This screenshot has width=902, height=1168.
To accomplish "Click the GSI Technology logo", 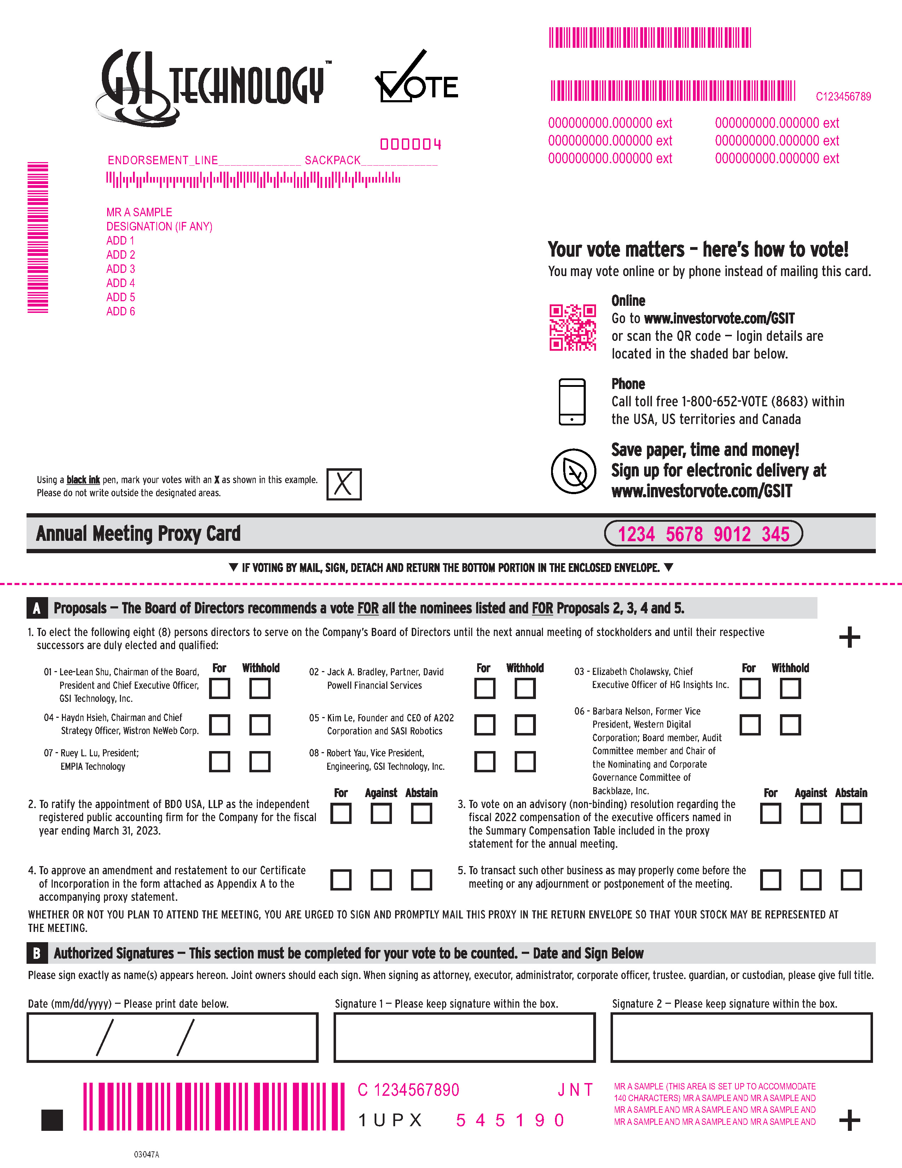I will click(214, 86).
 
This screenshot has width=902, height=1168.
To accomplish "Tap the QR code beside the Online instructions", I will click(573, 327).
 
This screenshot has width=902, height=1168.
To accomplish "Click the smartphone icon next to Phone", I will click(572, 402).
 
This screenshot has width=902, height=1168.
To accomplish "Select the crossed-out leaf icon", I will click(573, 471).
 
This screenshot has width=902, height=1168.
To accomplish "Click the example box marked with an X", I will click(343, 484).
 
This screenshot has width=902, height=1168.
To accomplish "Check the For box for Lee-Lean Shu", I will click(220, 688).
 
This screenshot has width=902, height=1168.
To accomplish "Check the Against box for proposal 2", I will click(381, 813).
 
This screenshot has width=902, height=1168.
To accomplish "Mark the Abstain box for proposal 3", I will click(851, 813).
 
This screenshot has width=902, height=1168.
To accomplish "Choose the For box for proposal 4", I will click(341, 880).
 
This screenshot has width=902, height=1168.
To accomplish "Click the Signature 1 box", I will click(464, 1037).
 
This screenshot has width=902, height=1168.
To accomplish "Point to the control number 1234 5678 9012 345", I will click(703, 534).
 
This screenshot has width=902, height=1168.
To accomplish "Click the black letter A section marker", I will click(36, 608).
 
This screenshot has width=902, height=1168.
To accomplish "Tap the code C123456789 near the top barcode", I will click(843, 97).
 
